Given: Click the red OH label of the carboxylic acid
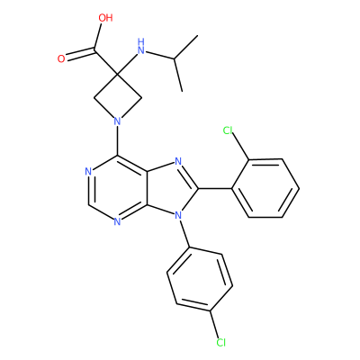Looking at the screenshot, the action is click(105, 18).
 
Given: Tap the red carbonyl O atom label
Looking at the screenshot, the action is click(61, 58).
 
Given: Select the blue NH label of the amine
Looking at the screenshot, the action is click(140, 46).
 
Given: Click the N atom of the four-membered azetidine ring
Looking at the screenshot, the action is click(118, 121).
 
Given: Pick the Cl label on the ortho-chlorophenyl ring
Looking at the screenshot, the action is click(228, 130).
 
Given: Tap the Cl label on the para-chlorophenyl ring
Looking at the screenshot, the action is click(220, 342).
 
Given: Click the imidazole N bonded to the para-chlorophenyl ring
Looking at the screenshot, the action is click(178, 215).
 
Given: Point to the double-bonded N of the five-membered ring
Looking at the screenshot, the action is click(178, 162).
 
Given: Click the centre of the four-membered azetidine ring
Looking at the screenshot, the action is click(118, 98).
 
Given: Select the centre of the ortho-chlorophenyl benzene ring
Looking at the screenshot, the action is click(265, 188).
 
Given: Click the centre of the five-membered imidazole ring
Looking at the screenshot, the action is click(169, 189).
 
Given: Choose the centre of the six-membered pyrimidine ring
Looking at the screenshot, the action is click(118, 189).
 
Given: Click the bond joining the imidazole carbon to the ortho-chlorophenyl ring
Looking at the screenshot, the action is click(215, 189).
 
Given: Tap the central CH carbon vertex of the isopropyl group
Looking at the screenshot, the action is click(174, 59).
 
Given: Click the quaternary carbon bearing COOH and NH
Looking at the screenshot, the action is click(118, 73).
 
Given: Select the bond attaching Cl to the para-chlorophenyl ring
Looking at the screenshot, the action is click(214, 324).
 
